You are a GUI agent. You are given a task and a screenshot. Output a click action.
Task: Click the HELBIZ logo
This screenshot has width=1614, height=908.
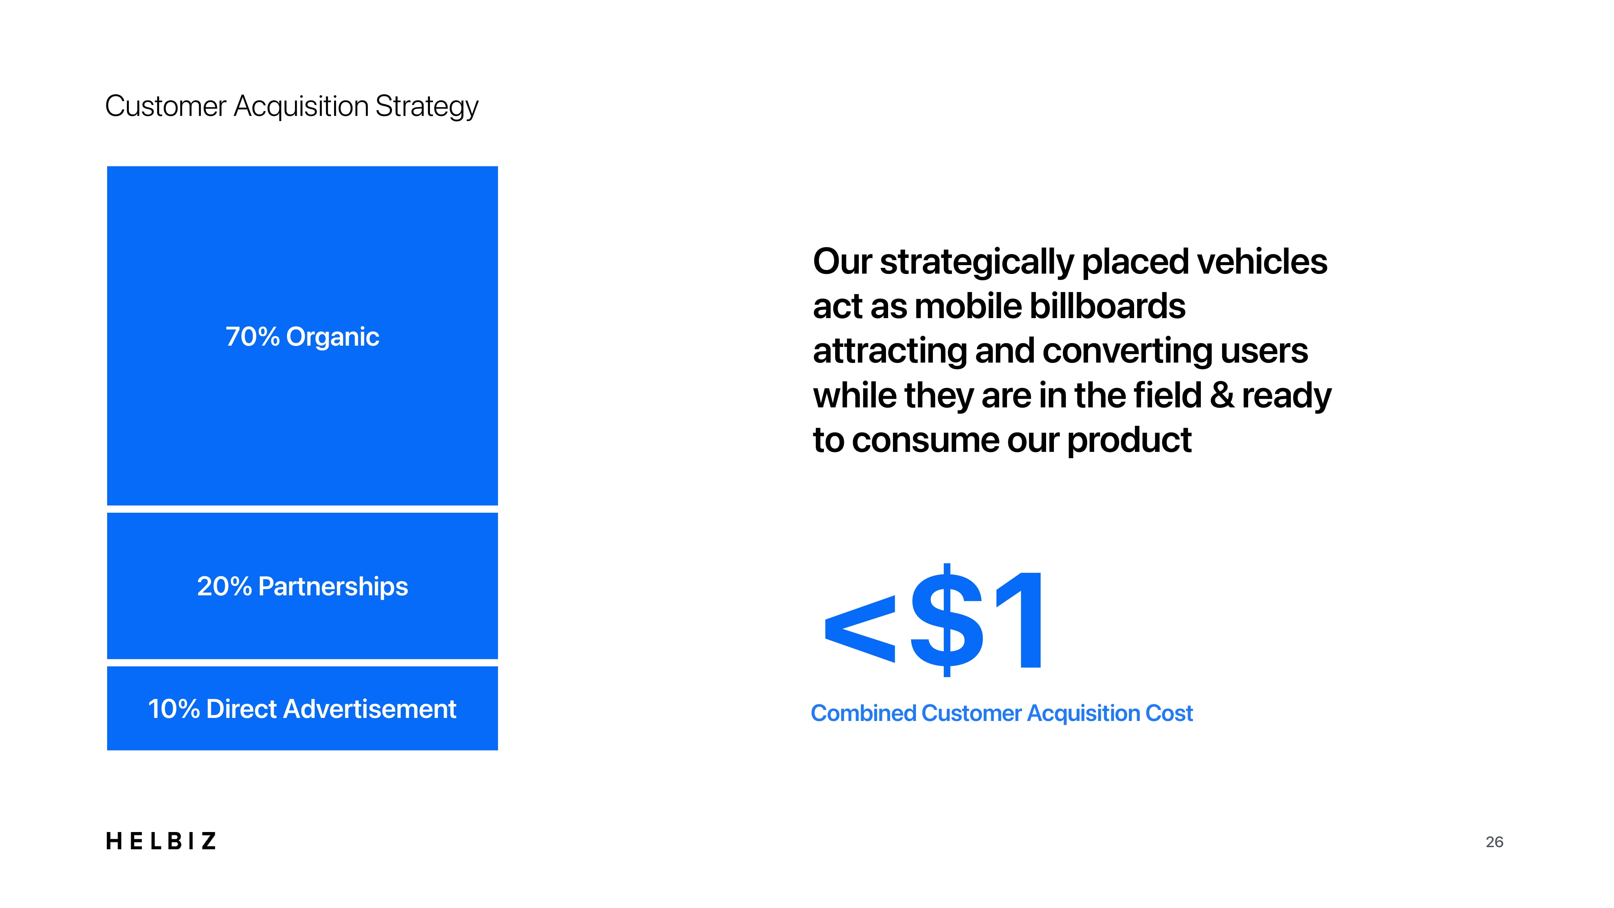click(x=161, y=841)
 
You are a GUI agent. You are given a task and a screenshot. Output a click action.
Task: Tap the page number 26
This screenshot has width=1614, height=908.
click(x=1494, y=842)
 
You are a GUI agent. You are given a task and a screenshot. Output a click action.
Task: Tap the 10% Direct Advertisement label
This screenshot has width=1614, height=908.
click(x=302, y=709)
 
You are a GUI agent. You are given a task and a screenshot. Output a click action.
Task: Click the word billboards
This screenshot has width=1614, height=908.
click(x=1107, y=306)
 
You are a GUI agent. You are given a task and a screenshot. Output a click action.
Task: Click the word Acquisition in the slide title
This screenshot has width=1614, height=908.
click(x=301, y=107)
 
